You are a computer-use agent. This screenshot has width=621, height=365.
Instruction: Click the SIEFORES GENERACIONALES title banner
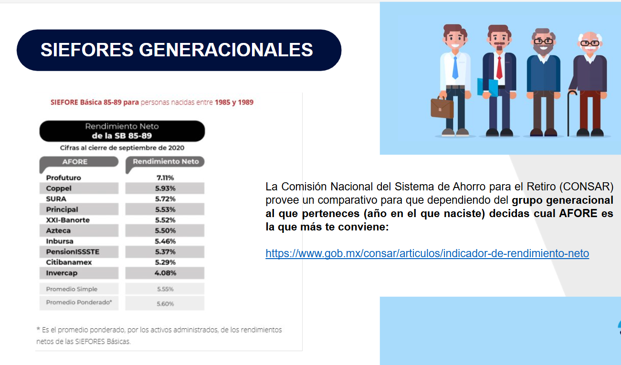pyautogui.click(x=179, y=50)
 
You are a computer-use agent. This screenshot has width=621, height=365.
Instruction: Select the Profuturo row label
pyautogui.click(x=63, y=177)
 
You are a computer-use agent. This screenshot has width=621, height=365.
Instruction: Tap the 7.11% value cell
pyautogui.click(x=165, y=177)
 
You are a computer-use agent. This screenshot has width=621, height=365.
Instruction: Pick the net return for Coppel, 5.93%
pyautogui.click(x=165, y=188)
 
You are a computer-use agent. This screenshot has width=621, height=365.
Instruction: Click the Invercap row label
pyautogui.click(x=62, y=273)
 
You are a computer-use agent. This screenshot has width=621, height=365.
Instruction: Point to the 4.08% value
pyautogui.click(x=165, y=273)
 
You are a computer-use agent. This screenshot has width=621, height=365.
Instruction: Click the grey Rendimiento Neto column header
pyautogui.click(x=165, y=162)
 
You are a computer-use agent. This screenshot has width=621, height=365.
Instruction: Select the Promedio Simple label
pyautogui.click(x=72, y=289)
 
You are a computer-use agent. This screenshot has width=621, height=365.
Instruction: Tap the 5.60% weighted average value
pyautogui.click(x=165, y=304)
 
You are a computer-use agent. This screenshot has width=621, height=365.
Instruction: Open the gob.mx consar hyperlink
pyautogui.click(x=427, y=253)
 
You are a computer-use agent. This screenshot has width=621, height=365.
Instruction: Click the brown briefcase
pyautogui.click(x=442, y=108)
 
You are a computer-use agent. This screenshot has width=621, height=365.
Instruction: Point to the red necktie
pyautogui.click(x=499, y=68)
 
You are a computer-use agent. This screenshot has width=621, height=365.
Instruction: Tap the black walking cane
pyautogui.click(x=570, y=114)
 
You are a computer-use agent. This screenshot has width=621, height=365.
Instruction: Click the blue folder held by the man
pyautogui.click(x=488, y=87)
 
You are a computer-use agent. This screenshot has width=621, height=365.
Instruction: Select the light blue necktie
pyautogui.click(x=455, y=68)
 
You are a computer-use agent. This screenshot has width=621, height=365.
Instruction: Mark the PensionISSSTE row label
pyautogui.click(x=73, y=252)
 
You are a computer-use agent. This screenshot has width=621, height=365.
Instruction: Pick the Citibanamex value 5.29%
pyautogui.click(x=165, y=262)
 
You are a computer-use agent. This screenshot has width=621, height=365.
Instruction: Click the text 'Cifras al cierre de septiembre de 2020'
pyautogui.click(x=122, y=148)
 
